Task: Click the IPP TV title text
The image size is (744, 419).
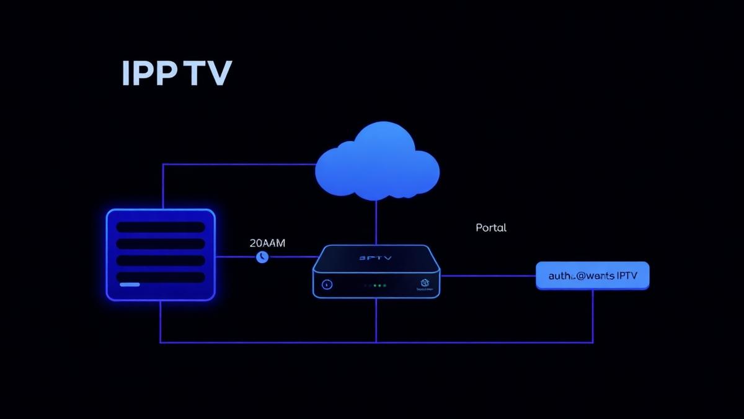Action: (177, 74)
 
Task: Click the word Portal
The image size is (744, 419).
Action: (491, 228)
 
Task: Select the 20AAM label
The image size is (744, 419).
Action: (267, 243)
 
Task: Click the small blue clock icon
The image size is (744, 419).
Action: (262, 256)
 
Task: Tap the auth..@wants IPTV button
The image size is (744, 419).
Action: (592, 275)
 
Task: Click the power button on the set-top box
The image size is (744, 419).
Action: (327, 284)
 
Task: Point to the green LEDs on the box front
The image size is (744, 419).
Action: (376, 286)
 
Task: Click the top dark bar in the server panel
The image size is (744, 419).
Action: (161, 227)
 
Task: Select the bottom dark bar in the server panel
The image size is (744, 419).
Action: (161, 277)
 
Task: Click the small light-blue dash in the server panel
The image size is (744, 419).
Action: (130, 284)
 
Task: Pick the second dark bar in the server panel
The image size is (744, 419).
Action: (161, 244)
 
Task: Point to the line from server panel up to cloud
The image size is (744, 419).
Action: (162, 186)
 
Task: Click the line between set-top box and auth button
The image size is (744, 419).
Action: (487, 276)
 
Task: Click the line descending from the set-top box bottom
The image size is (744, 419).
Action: (376, 320)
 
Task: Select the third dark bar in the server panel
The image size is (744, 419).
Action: (161, 261)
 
